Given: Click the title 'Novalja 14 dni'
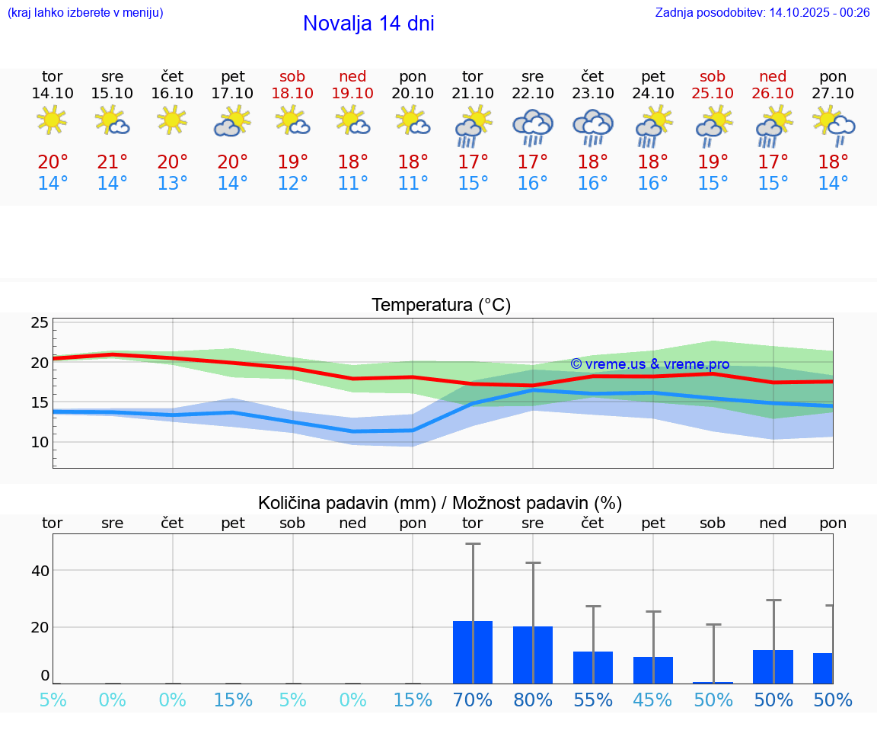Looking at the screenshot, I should click(368, 24).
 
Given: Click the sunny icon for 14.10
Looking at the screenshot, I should click(52, 120).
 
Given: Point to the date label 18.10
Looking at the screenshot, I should click(292, 94).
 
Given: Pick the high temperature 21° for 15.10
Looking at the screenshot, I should click(112, 162).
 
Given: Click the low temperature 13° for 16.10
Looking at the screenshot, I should click(173, 184).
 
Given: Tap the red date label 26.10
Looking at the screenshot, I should click(773, 94).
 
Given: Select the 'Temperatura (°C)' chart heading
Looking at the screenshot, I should click(441, 306).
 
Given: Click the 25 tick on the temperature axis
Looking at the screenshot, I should click(40, 323).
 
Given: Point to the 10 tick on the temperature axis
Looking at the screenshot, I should click(40, 442).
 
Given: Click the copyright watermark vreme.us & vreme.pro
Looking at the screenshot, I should click(649, 364).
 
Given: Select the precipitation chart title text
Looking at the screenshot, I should click(440, 503).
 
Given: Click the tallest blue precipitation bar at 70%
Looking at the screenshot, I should click(473, 652).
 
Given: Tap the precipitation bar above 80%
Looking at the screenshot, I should click(533, 655).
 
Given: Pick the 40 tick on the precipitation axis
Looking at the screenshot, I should click(40, 571).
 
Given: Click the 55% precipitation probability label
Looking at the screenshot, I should click(593, 700).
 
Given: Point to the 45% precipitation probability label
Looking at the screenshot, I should click(653, 700).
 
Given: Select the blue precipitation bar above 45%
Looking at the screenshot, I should click(653, 670).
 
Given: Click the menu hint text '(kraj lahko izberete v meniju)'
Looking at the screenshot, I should click(85, 12).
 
